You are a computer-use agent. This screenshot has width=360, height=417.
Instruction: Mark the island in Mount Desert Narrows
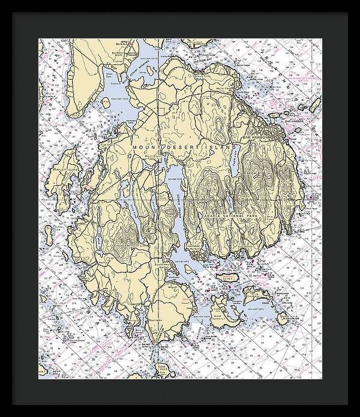click(149, 70)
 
